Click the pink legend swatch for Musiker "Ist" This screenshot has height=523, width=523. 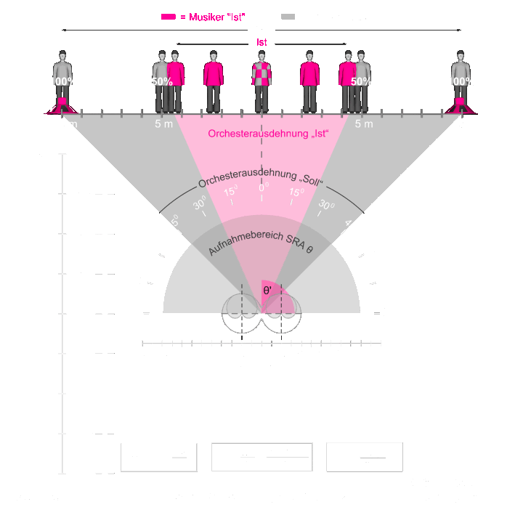[169, 16]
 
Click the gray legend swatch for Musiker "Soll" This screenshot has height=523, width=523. [288, 16]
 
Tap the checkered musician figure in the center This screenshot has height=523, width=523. [261, 80]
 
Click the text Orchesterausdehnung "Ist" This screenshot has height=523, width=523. [268, 134]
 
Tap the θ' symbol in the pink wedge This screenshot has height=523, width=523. [268, 290]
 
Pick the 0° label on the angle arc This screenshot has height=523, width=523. [263, 188]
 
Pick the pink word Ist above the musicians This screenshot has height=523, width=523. [261, 44]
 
